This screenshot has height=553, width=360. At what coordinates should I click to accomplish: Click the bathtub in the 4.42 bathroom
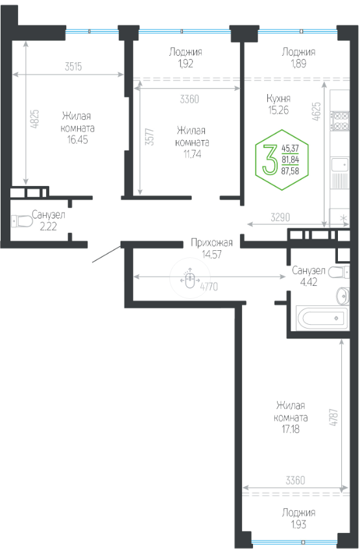(322, 319)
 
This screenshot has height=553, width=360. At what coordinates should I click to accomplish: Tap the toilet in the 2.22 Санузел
(21, 222)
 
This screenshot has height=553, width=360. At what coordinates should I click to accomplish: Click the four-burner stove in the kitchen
(341, 121)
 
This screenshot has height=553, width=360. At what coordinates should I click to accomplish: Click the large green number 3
(270, 160)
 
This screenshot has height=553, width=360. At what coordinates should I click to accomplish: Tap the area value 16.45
(78, 139)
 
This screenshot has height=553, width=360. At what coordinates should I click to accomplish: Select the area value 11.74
(193, 154)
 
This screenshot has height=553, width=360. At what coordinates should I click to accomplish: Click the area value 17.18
(291, 429)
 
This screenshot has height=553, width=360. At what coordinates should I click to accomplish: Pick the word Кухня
(278, 99)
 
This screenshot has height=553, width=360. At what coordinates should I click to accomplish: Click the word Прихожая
(211, 242)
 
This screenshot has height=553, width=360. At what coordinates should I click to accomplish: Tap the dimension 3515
(73, 66)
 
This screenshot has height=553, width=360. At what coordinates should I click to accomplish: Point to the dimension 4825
(34, 119)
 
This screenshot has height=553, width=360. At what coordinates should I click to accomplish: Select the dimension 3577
(150, 137)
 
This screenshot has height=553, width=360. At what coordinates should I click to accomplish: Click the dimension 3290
(280, 217)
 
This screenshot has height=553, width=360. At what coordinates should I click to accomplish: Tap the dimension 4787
(334, 418)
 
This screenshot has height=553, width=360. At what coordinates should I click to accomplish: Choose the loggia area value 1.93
(298, 524)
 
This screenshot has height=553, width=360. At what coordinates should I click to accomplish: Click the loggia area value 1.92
(186, 64)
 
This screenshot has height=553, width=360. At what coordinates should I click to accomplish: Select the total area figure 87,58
(290, 171)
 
